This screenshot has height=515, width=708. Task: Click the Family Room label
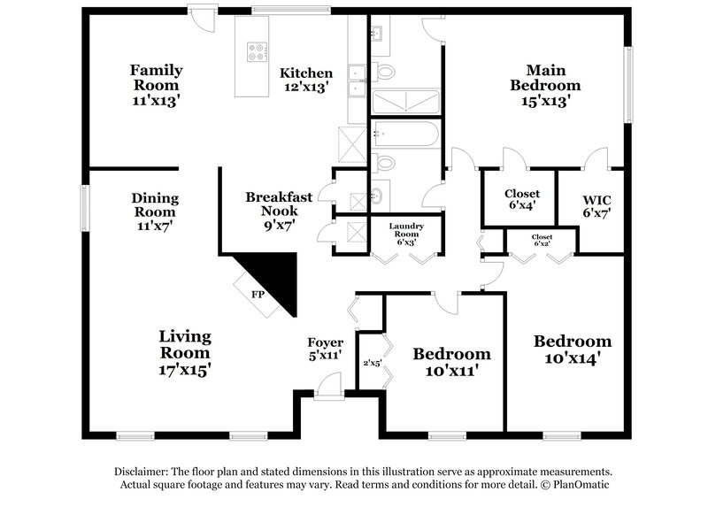(x=156, y=85)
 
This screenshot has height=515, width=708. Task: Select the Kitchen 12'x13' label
(x=306, y=80)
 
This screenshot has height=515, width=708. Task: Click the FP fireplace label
(x=258, y=293)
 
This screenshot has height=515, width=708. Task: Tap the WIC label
(x=596, y=205)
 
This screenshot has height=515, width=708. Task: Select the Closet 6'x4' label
(x=521, y=200)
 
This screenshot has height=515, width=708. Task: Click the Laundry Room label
(x=407, y=234)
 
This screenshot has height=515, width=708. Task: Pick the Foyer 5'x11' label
(x=325, y=349)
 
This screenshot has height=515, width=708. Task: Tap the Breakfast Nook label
(x=279, y=211)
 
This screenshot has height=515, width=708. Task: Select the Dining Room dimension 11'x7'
(x=155, y=227)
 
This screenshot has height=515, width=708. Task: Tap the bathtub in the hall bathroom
(x=405, y=135)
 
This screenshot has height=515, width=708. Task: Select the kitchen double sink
(x=357, y=80)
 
